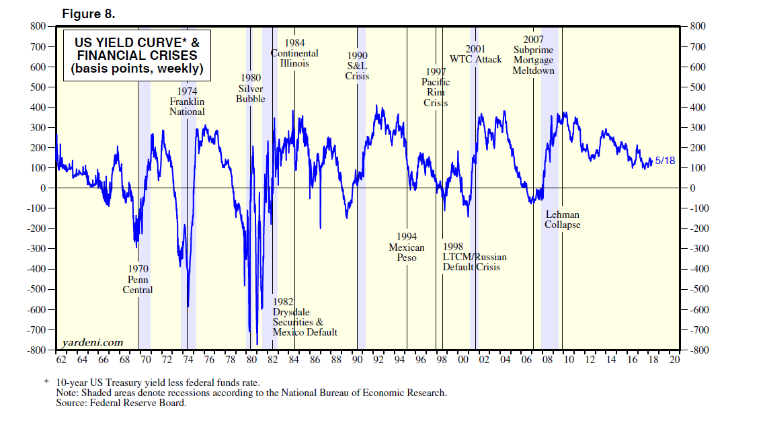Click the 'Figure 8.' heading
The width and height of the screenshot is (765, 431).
click(x=89, y=13)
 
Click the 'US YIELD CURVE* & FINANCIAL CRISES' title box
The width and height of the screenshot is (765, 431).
click(x=136, y=55)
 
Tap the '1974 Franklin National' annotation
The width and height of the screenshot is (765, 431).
click(x=187, y=101)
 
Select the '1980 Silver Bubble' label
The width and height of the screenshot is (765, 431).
click(x=251, y=88)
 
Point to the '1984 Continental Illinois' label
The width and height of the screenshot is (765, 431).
click(x=294, y=53)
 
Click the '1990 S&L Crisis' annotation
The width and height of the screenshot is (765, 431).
click(x=357, y=65)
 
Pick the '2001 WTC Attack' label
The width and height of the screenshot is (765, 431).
click(x=475, y=54)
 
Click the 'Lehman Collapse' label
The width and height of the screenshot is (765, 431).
click(x=562, y=219)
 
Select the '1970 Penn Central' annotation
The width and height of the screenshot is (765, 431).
click(x=138, y=279)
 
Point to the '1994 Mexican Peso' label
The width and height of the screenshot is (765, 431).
click(x=407, y=247)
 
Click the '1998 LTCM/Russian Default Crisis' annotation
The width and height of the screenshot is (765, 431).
click(x=474, y=256)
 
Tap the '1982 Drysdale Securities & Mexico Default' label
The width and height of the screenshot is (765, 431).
click(x=304, y=317)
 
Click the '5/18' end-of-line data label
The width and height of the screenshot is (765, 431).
click(x=666, y=161)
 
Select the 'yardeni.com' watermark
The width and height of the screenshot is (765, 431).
click(x=93, y=342)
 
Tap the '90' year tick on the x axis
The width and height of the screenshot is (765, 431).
click(x=358, y=360)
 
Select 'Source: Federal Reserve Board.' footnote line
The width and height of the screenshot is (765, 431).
click(x=122, y=403)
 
